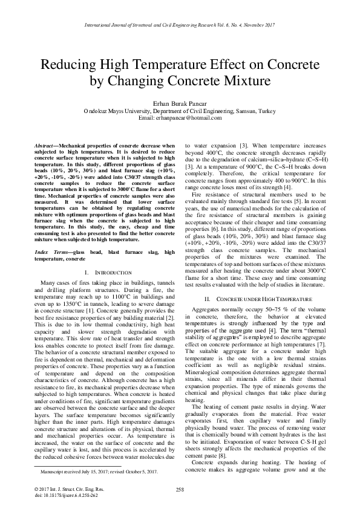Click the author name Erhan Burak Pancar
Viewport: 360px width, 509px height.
pos(180,104)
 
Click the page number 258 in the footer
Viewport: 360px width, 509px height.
pos(179,488)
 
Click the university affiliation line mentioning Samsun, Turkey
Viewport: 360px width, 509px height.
pos(180,111)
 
